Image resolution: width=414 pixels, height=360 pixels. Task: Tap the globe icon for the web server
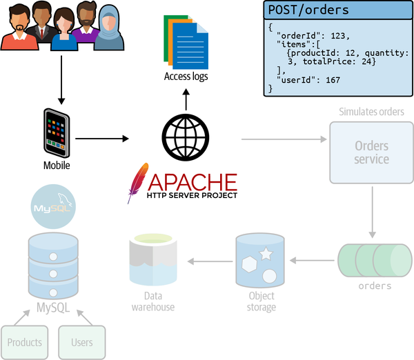tap(185, 137)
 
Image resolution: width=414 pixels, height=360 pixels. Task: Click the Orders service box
tap(371, 153)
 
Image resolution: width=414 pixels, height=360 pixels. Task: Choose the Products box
tap(24, 342)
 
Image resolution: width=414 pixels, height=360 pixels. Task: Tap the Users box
tap(81, 342)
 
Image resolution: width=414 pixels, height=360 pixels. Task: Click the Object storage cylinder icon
tap(260, 261)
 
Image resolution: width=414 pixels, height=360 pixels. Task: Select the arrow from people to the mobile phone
tap(61, 79)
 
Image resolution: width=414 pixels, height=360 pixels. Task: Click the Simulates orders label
tap(371, 112)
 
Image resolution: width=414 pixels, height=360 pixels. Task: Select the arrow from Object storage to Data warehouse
tap(211, 261)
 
